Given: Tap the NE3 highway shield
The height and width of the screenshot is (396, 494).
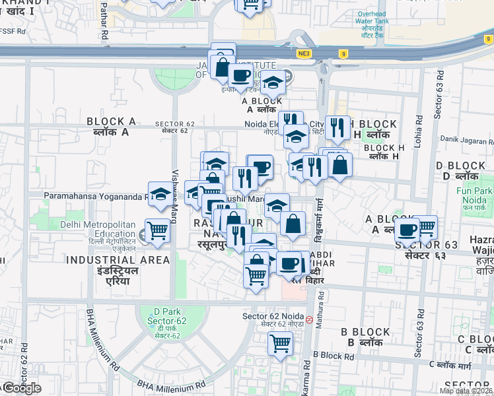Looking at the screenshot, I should [x=304, y=54].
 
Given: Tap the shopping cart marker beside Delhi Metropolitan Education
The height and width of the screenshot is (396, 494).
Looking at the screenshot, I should [x=158, y=230].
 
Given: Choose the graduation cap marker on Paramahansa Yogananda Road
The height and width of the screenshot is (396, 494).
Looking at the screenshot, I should [x=159, y=194].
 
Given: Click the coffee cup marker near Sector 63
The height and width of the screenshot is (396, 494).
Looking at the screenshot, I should [x=407, y=229].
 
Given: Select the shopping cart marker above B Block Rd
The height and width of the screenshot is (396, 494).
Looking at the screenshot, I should [x=280, y=343].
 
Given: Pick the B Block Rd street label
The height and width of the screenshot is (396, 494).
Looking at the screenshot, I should [x=334, y=355].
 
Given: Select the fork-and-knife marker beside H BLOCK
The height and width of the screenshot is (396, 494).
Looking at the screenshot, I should [x=337, y=127].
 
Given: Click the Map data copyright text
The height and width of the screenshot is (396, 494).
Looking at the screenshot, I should [x=466, y=391].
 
